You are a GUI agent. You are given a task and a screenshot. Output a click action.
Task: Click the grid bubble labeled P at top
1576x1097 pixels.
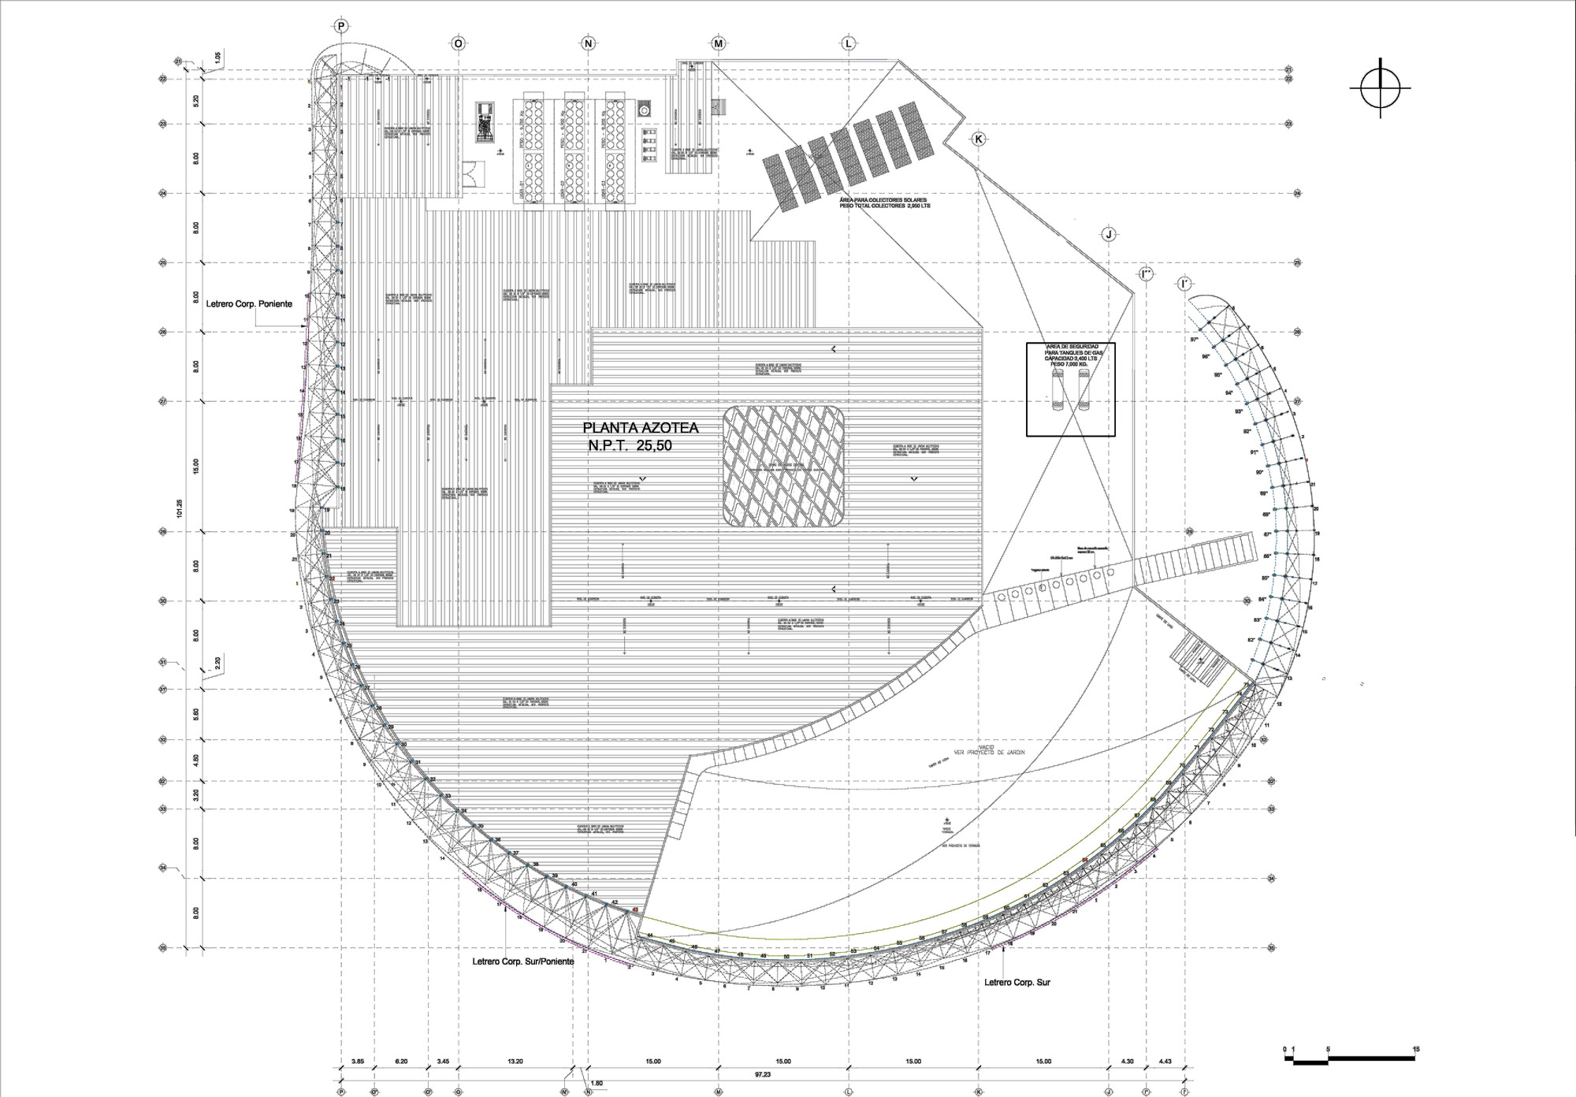(x=341, y=27)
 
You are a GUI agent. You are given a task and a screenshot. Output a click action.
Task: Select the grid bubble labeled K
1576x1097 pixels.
(x=979, y=139)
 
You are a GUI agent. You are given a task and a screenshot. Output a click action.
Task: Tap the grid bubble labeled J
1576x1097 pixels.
(x=1109, y=234)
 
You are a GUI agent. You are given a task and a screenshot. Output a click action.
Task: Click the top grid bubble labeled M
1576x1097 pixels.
(x=719, y=44)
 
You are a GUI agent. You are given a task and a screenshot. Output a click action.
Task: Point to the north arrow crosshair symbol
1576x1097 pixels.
(x=1381, y=88)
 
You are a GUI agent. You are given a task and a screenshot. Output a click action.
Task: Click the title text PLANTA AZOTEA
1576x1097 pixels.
(x=640, y=428)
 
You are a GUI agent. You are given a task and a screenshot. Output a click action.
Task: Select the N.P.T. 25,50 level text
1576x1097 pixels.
(x=630, y=446)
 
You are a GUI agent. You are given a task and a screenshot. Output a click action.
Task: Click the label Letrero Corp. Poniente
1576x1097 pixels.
(x=249, y=303)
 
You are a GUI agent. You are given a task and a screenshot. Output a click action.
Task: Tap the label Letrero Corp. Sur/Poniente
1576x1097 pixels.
(x=523, y=961)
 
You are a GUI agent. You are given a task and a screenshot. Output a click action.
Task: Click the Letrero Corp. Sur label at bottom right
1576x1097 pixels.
(x=1017, y=983)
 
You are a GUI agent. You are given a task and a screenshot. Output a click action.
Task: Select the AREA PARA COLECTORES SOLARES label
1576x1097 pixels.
(x=885, y=203)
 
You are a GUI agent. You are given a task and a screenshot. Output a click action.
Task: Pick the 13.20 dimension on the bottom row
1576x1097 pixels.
(x=515, y=1062)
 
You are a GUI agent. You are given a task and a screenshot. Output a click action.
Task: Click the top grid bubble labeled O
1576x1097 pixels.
(x=458, y=44)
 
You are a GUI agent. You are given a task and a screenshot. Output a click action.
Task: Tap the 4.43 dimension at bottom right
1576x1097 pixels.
(x=1165, y=1062)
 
